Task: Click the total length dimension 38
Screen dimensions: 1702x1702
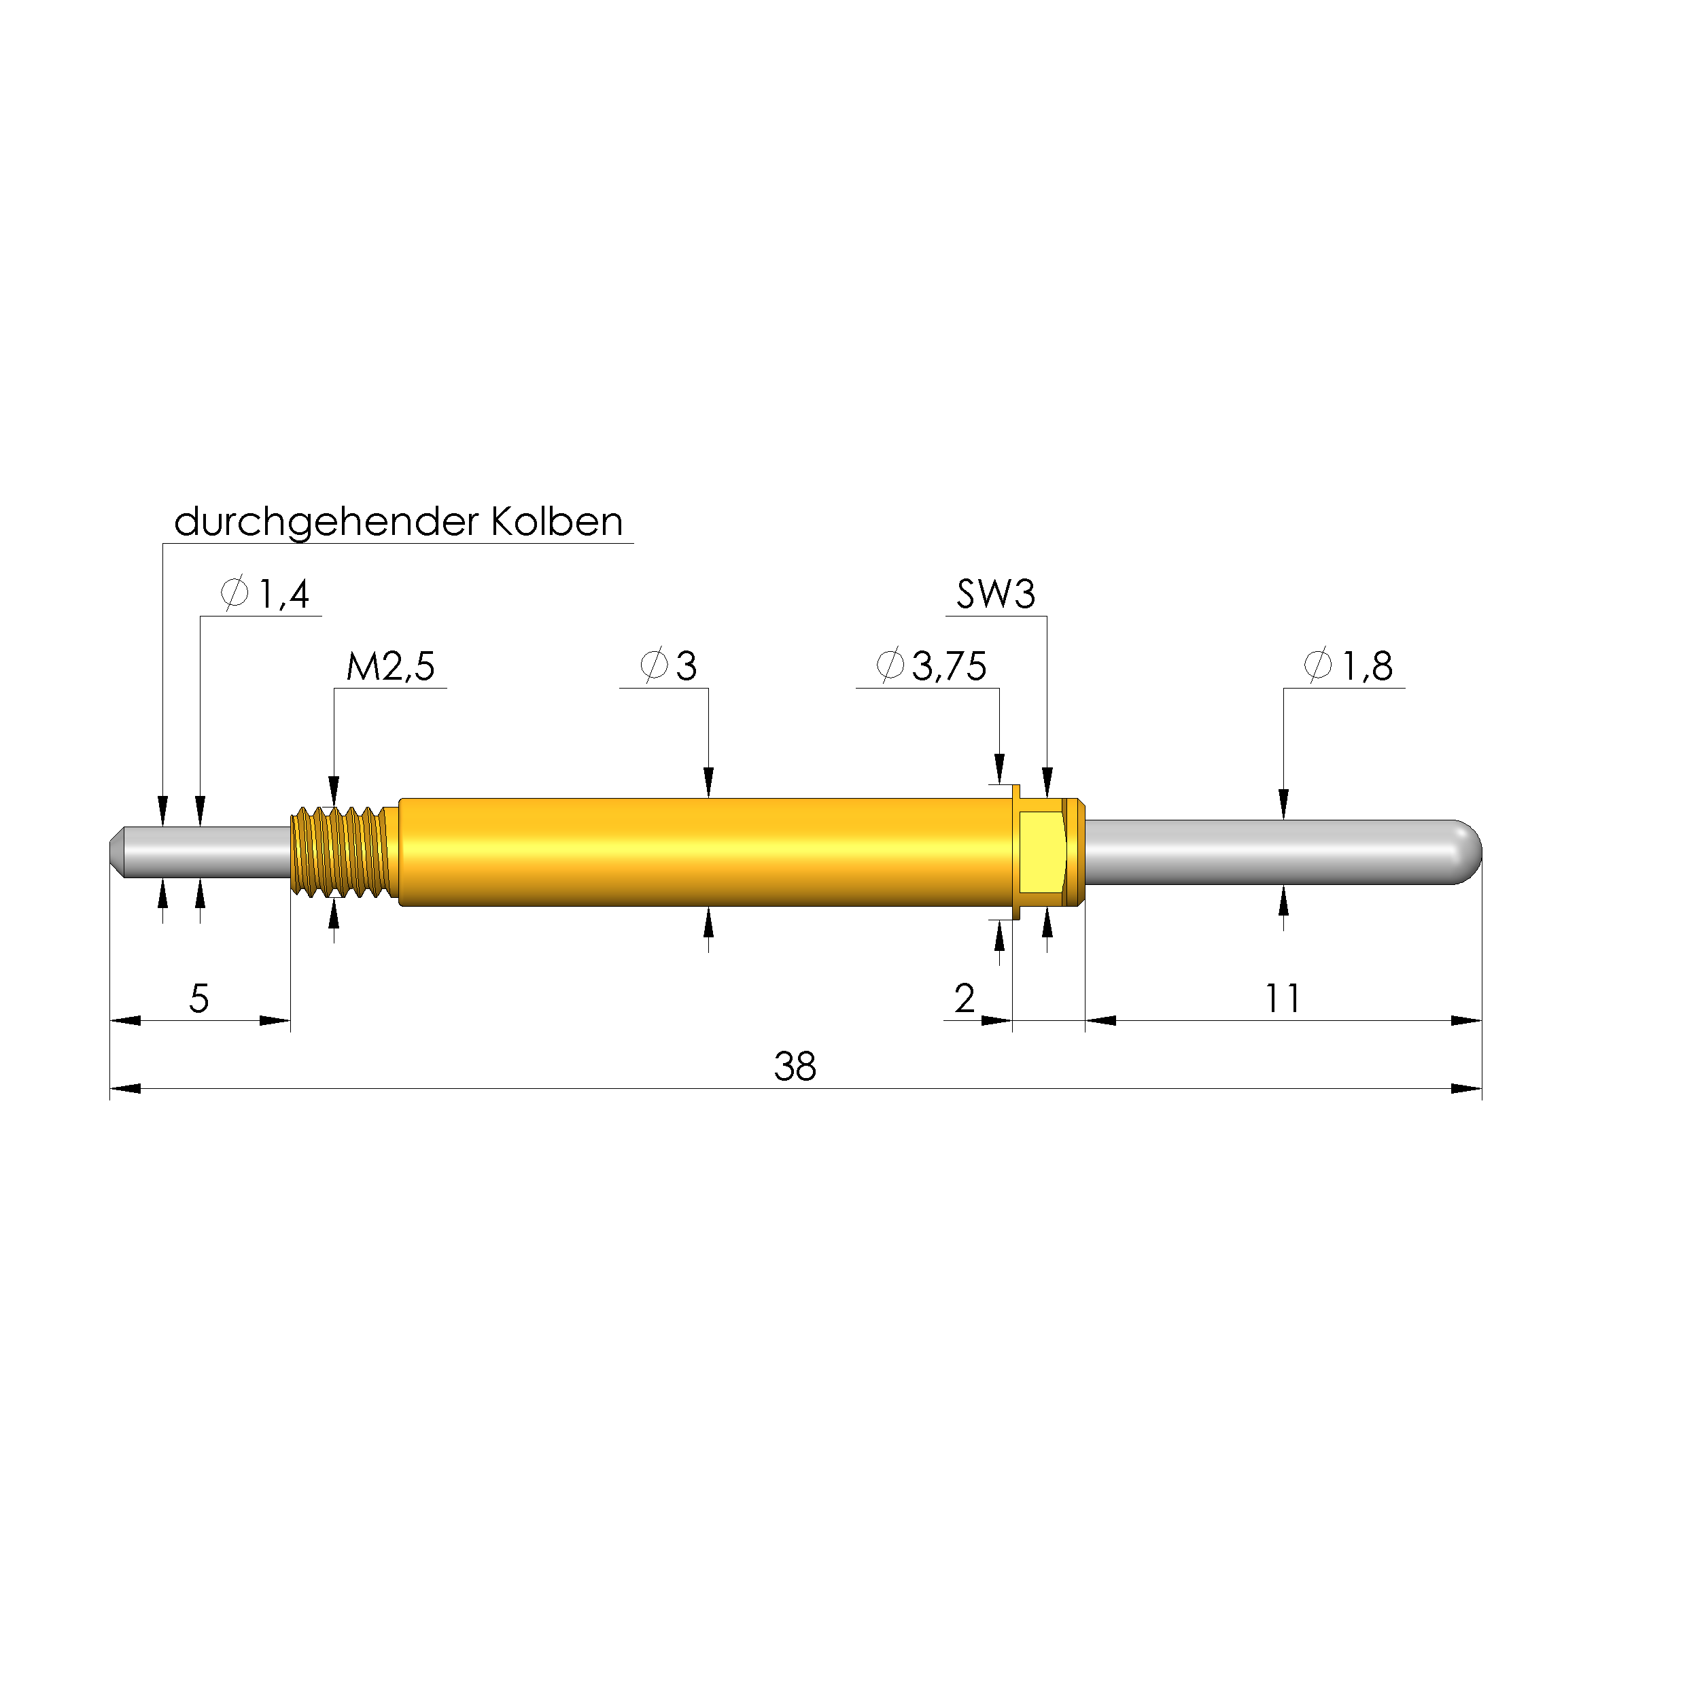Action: pyautogui.click(x=795, y=1067)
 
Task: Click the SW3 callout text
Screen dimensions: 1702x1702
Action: pyautogui.click(x=996, y=595)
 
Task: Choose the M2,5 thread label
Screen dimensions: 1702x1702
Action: pyautogui.click(x=390, y=667)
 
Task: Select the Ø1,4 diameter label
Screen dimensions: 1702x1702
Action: pyautogui.click(x=265, y=595)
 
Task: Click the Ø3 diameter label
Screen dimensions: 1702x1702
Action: pyautogui.click(x=669, y=667)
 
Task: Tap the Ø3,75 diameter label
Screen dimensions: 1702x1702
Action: pyautogui.click(x=931, y=667)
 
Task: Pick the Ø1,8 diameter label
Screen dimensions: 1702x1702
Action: pyautogui.click(x=1348, y=667)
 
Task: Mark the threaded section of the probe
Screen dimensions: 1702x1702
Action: pyautogui.click(x=342, y=852)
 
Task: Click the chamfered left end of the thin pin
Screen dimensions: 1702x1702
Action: pyautogui.click(x=116, y=852)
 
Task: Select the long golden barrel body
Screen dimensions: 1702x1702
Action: pyautogui.click(x=705, y=852)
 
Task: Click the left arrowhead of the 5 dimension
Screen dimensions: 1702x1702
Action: pyautogui.click(x=125, y=1021)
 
